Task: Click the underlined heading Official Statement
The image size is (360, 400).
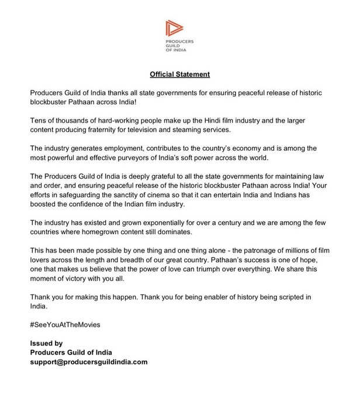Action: coord(179,75)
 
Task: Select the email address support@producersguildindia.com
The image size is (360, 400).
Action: coord(88,361)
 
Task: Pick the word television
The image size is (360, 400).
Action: coord(167,128)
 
